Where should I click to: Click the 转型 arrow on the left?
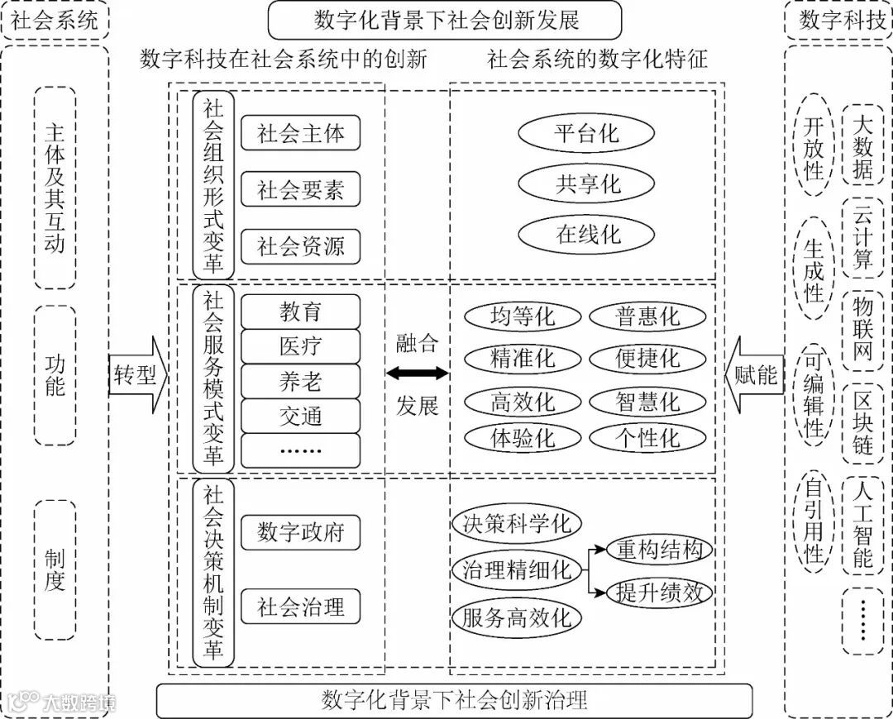(137, 376)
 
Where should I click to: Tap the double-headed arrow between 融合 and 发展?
(417, 374)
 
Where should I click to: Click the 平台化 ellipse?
(586, 133)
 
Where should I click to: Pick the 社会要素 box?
(300, 190)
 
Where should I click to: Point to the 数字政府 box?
(300, 531)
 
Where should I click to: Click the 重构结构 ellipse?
(659, 550)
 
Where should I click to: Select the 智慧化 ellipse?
(647, 402)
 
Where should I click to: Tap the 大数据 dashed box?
(862, 148)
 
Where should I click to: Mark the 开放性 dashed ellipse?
(814, 148)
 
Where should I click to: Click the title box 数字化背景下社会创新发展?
(445, 20)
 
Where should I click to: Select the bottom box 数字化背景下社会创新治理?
(454, 701)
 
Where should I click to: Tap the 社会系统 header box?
(55, 20)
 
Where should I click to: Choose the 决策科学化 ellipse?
(517, 523)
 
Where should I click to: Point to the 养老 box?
(300, 381)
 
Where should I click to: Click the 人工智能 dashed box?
(862, 524)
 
